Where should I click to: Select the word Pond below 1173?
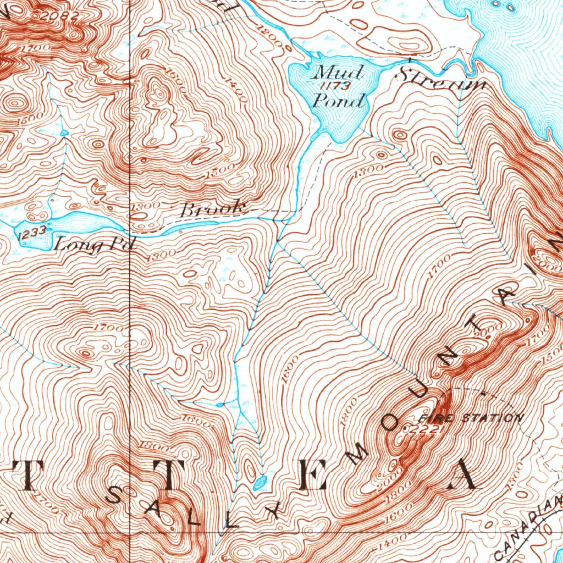coord(338,101)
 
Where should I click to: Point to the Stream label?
coord(441,79)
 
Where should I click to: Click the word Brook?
coord(212,209)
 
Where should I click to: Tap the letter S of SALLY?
coord(117,495)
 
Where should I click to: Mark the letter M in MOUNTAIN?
coord(360,452)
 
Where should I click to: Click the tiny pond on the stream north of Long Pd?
coord(64,133)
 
